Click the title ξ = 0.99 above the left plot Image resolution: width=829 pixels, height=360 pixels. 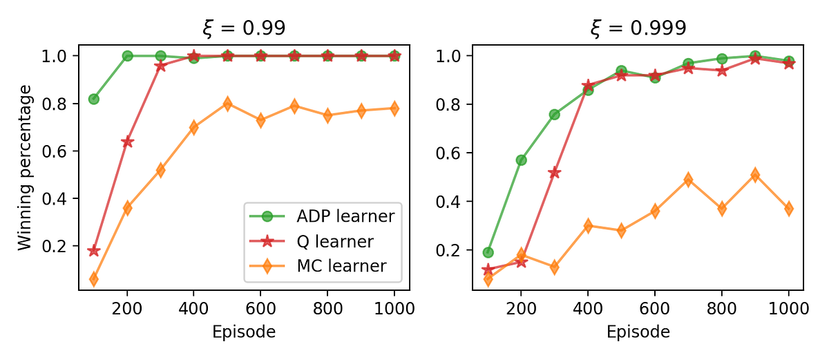(x=244, y=28)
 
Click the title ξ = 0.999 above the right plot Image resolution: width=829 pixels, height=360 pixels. (x=638, y=28)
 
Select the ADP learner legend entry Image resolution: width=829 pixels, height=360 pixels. (x=323, y=216)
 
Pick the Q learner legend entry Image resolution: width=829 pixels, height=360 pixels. (x=323, y=241)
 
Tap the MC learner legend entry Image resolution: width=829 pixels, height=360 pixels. (x=323, y=265)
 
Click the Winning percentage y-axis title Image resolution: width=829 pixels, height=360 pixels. (x=25, y=167)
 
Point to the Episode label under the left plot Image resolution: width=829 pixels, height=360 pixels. (x=245, y=332)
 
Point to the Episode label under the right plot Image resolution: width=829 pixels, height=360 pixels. (x=638, y=332)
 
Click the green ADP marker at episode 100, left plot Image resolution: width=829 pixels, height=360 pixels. (x=94, y=99)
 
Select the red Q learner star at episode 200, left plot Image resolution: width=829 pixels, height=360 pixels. (x=127, y=142)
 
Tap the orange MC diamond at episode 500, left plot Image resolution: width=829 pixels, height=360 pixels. (x=227, y=104)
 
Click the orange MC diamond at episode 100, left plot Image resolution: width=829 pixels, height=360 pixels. (x=94, y=279)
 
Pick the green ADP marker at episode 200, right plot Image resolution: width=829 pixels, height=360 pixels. (x=522, y=160)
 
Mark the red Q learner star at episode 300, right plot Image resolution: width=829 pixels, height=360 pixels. (x=555, y=172)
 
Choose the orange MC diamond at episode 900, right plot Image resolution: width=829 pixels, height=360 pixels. (x=755, y=175)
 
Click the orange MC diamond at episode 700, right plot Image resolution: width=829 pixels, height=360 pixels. (x=688, y=180)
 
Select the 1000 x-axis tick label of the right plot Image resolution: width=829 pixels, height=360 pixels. (x=788, y=310)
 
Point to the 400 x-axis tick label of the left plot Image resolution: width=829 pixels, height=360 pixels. (x=194, y=310)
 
